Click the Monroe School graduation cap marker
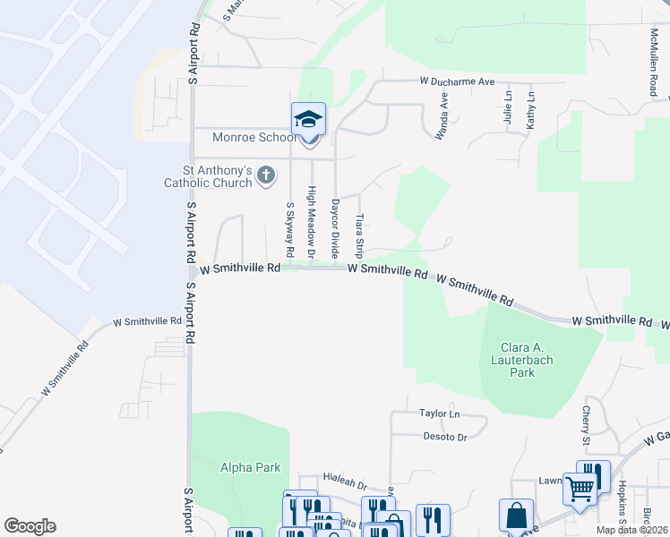tap(308, 120)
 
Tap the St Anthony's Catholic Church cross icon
tap(266, 175)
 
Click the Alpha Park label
tap(251, 467)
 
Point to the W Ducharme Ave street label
tap(458, 81)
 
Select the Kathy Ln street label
tap(530, 111)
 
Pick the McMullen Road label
tap(654, 61)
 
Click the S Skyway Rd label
tap(289, 229)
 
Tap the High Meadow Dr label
tap(312, 223)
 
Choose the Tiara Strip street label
tap(358, 234)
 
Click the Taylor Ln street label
tap(439, 413)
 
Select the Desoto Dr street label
tap(445, 437)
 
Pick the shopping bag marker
tap(516, 516)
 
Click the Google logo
tap(30, 526)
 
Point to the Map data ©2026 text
tap(631, 530)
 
